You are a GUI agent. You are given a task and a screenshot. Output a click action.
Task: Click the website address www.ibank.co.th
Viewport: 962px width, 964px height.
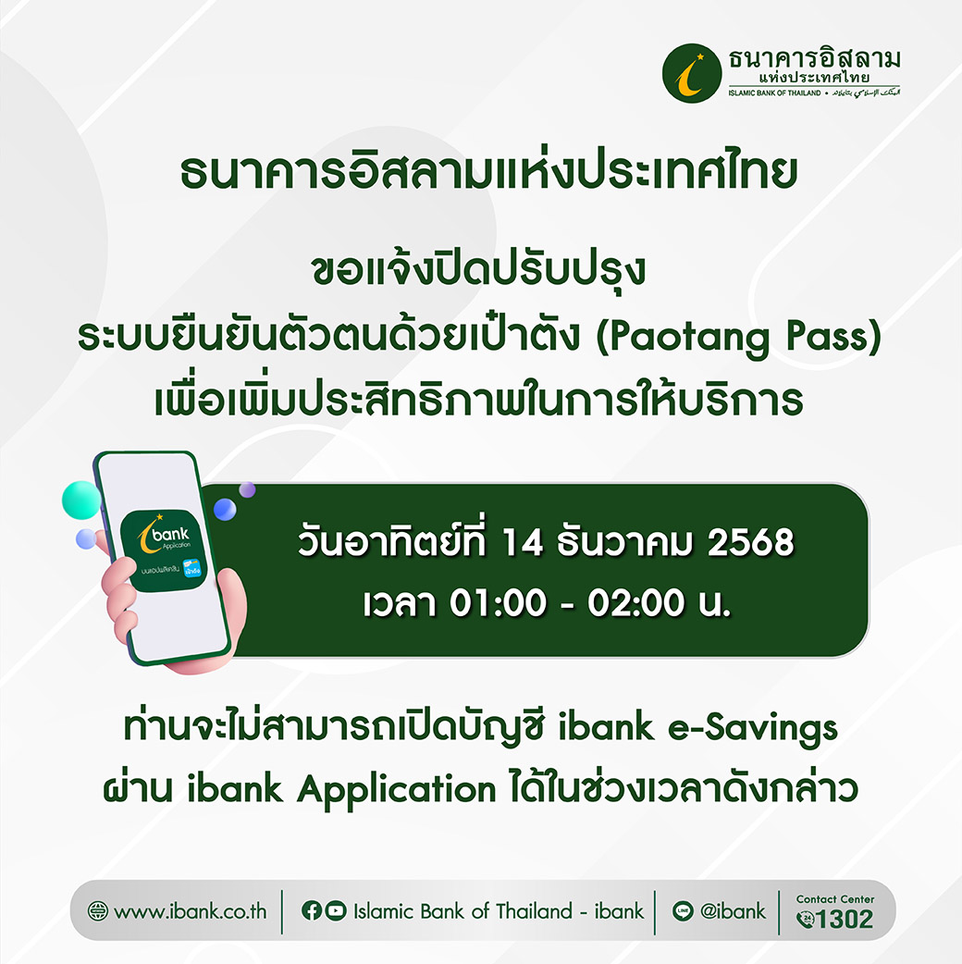[x=190, y=911]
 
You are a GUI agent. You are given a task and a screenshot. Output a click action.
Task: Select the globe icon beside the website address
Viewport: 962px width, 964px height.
[x=98, y=911]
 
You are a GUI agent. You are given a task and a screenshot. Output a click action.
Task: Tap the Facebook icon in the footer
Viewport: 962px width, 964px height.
[x=312, y=911]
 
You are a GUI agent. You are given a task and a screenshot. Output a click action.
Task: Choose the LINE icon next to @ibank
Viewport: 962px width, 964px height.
[x=684, y=911]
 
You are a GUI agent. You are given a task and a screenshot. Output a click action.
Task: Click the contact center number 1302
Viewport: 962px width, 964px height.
[x=845, y=919]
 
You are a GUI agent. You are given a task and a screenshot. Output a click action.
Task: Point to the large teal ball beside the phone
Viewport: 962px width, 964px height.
[x=81, y=500]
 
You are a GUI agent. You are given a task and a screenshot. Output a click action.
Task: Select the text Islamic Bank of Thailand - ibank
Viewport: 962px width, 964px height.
[x=498, y=911]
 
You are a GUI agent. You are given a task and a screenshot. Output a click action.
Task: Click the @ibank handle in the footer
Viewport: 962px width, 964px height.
[x=733, y=911]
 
